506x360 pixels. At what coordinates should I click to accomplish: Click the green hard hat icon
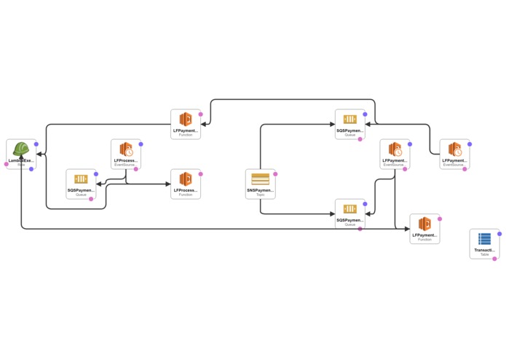[x=21, y=150]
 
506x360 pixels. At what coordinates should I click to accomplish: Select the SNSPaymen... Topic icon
[x=260, y=179]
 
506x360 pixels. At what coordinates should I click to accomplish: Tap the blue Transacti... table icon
[x=484, y=239]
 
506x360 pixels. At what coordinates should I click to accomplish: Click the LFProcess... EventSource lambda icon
[x=126, y=150]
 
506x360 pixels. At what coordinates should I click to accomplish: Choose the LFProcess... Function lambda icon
[x=186, y=179]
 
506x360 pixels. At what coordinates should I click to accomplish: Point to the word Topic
[x=260, y=195]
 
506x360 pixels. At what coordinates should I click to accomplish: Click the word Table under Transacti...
[x=484, y=254]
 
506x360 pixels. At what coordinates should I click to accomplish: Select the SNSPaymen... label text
[x=260, y=189]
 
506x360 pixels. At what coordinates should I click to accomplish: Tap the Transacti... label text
[x=484, y=249]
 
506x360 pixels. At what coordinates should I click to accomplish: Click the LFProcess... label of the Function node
[x=186, y=189]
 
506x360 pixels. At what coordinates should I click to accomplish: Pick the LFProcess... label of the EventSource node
[x=126, y=160]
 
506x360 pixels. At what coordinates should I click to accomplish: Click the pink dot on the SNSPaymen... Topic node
[x=275, y=174]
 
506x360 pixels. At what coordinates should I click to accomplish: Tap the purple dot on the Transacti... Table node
[x=499, y=234]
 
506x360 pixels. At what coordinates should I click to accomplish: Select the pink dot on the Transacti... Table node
[x=494, y=259]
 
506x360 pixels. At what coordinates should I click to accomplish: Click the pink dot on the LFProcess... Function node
[x=201, y=174]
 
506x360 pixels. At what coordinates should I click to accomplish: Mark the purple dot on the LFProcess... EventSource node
[x=141, y=144]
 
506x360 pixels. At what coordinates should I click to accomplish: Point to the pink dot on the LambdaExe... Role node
[x=7, y=164]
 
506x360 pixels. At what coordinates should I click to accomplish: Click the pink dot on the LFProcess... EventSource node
[x=136, y=169]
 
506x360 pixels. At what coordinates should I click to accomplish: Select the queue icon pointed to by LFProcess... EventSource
[x=81, y=179]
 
